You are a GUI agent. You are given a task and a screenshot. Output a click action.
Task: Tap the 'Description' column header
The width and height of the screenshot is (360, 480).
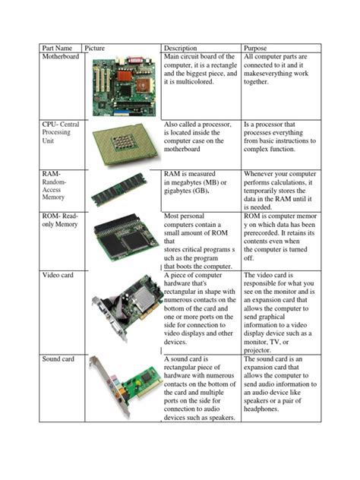point(179,48)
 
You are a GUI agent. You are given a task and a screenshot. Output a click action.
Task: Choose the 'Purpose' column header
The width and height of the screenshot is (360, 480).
point(257,48)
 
